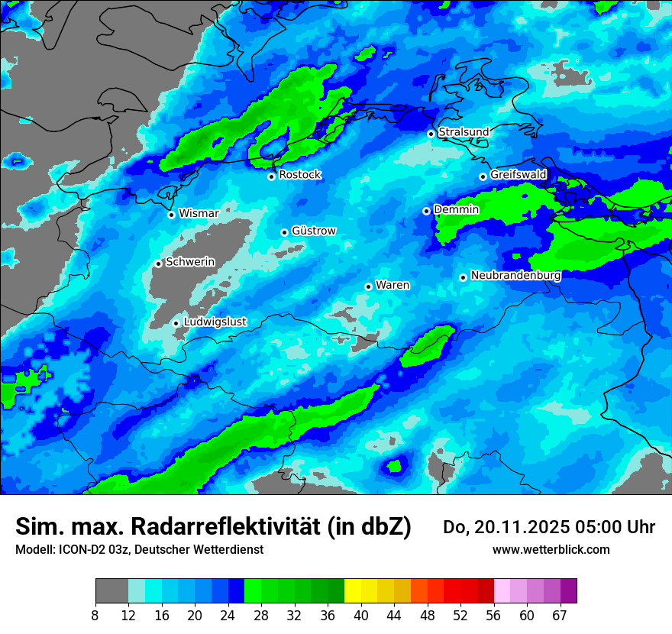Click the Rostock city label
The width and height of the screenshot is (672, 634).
[x=300, y=175]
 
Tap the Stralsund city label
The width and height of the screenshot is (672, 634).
[x=464, y=132]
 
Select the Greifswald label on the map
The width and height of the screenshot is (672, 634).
[x=519, y=175]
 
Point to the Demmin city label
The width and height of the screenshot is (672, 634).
[x=457, y=209]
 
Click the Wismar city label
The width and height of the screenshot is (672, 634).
[x=199, y=213]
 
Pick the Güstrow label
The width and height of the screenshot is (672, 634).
[x=314, y=231]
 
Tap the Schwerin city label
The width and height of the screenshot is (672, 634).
[x=190, y=262]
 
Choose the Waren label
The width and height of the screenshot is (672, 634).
[x=393, y=285]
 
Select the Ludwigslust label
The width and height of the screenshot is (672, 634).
[x=215, y=322]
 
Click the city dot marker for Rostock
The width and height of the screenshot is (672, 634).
[x=271, y=176]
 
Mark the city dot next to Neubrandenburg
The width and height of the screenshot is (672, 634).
[x=463, y=277]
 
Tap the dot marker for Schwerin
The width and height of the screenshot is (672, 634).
[x=159, y=264]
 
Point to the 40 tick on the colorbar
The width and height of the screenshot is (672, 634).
[x=360, y=615]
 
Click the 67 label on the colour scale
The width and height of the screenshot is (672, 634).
[x=560, y=615]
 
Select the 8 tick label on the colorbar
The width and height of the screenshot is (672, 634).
[x=95, y=615]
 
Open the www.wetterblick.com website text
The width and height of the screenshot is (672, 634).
[x=551, y=550]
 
